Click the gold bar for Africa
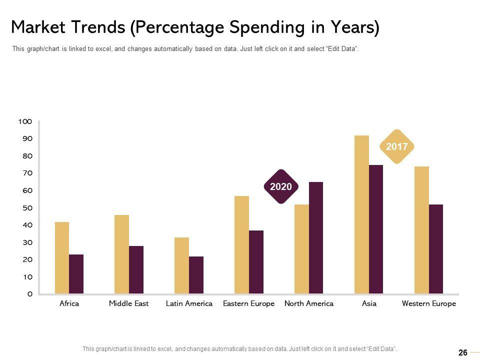tap(62, 257)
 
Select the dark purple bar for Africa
tap(76, 274)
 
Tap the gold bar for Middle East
tap(121, 254)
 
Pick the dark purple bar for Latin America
tap(196, 274)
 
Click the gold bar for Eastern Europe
tap(241, 244)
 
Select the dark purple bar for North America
tap(316, 237)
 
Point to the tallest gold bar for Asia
tap(361, 214)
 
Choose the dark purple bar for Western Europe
tap(435, 248)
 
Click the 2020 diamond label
tap(280, 186)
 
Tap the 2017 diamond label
tap(397, 147)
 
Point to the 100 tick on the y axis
tap(25, 121)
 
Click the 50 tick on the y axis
tap(28, 207)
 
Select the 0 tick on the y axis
tap(29, 294)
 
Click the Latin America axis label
tap(189, 303)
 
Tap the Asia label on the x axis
tap(369, 303)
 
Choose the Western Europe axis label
tap(429, 303)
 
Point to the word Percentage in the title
tap(178, 27)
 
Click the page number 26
tap(463, 352)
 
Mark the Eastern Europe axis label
tap(248, 303)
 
